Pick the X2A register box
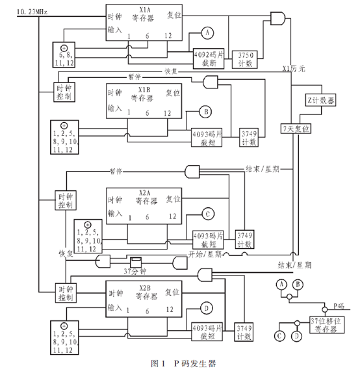tap(145, 205)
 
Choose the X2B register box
tap(145, 298)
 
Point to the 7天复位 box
tap(296, 130)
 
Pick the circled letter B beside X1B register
tap(206, 112)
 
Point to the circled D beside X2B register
tap(207, 307)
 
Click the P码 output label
tap(340, 305)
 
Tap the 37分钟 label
tap(137, 270)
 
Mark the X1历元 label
tap(294, 68)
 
